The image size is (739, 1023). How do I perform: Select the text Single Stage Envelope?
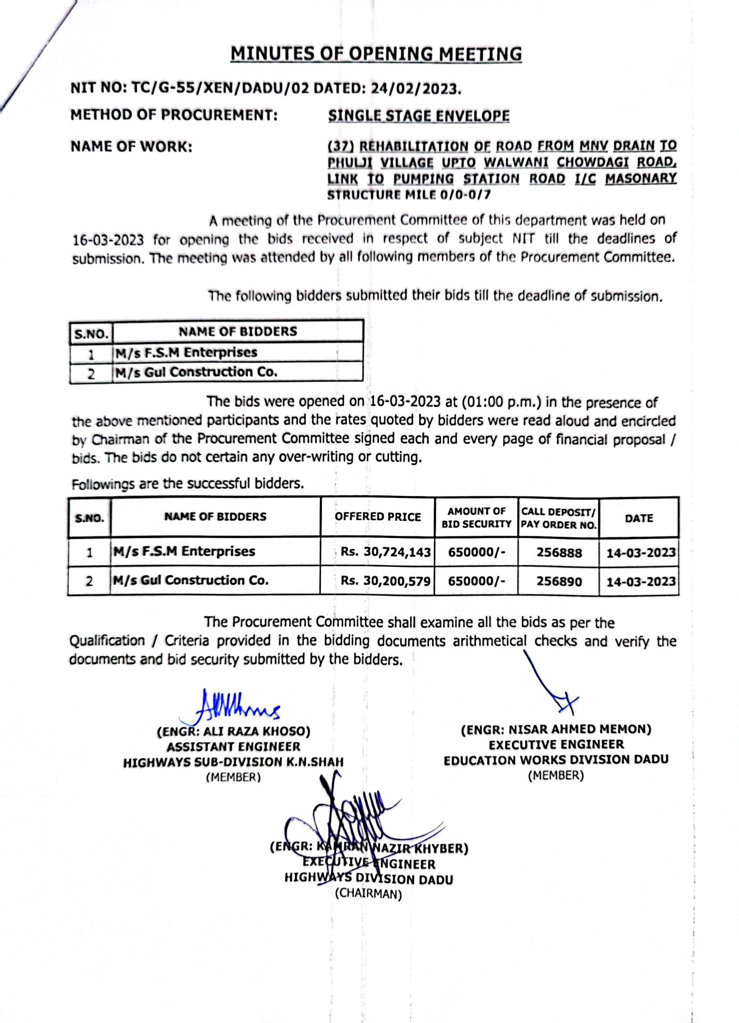coord(419,116)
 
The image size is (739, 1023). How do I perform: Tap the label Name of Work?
coord(131,146)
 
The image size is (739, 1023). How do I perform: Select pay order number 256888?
coord(559,553)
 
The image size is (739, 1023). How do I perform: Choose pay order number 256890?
coord(559,581)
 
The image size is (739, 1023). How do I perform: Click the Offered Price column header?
coord(378,517)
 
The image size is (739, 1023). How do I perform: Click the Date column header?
coord(639,518)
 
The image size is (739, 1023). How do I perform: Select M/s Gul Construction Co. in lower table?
coord(190,580)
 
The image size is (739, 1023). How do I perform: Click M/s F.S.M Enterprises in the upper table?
coord(186,352)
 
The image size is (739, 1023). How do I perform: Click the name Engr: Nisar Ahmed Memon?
coord(556,729)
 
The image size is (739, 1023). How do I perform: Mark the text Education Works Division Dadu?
coord(556,760)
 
